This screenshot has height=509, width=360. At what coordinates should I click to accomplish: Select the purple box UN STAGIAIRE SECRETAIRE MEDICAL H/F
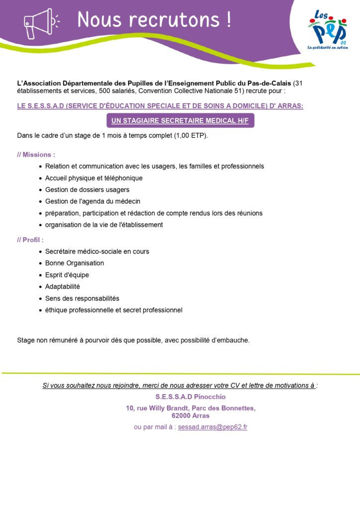coord(180,121)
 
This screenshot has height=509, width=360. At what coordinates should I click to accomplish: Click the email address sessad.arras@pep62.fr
coord(212,427)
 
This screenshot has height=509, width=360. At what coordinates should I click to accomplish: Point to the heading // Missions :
coord(36,155)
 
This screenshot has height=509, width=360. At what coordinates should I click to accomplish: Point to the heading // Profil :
coord(30,240)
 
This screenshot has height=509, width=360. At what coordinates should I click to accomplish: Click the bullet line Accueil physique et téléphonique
coord(93,178)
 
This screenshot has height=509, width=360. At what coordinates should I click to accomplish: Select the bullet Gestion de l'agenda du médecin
coord(92,201)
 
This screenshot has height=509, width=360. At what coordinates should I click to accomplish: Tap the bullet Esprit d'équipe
coord(67,275)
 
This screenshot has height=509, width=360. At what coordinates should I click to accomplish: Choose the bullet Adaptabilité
coord(62,287)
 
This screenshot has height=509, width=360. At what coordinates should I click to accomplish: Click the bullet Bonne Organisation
coord(75,263)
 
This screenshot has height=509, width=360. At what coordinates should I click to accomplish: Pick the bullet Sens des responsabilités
coord(82,298)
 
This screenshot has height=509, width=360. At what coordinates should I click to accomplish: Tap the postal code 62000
coord(181,416)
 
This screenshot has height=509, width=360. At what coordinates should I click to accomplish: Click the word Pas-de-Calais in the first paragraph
coord(269,83)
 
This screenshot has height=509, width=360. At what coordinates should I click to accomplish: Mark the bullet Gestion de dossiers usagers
coord(87,189)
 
